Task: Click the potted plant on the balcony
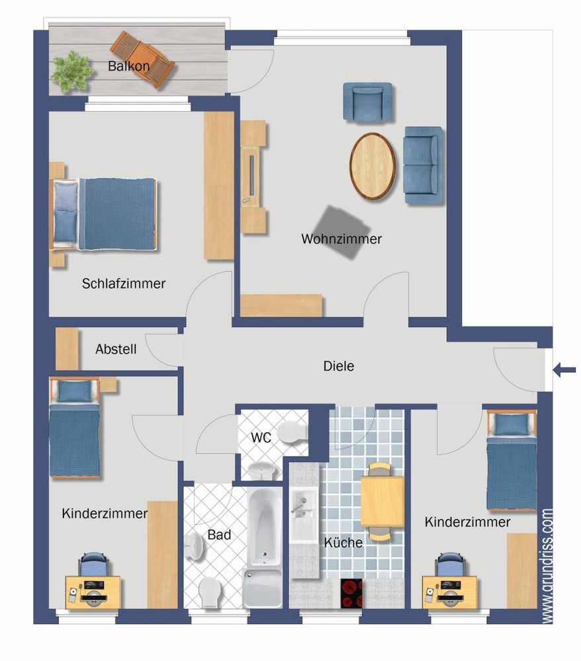point(71,71)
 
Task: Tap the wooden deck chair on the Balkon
point(143,59)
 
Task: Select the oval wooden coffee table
point(373,166)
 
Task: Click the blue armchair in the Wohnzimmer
point(368,102)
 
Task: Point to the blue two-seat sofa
point(424,165)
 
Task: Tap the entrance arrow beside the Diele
point(564,370)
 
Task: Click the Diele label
point(338,366)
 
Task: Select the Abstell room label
point(116,349)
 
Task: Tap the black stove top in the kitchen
point(351,593)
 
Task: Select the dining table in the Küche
point(382,502)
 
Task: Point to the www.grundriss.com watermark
point(547,566)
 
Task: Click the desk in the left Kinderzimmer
point(93,592)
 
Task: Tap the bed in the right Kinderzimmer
point(512,461)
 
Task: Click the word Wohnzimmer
point(341,239)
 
